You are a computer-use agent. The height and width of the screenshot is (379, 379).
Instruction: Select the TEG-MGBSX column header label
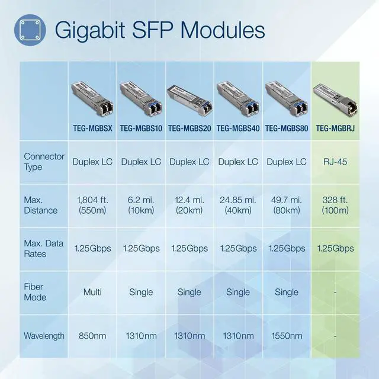point(92,128)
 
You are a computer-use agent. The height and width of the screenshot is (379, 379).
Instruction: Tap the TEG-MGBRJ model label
point(335,128)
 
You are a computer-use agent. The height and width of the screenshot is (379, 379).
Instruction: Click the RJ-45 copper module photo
point(335,96)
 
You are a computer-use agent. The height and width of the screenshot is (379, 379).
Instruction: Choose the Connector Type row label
point(41,162)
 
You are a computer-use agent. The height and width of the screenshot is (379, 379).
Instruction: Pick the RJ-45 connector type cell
point(335,162)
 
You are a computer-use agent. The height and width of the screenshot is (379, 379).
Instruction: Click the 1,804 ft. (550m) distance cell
point(92,205)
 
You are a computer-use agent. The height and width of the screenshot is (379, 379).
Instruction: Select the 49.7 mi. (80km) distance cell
point(287,205)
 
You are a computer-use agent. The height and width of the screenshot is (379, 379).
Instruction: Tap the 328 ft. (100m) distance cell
point(335,205)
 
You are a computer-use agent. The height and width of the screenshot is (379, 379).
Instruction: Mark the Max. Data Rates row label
point(43,249)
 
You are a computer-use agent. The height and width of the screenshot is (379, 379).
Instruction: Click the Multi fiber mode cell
point(92,292)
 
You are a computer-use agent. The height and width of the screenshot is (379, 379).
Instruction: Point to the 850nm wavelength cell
point(92,336)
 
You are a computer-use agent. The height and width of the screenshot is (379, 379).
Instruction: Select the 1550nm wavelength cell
point(287,336)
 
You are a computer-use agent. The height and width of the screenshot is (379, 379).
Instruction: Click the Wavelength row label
point(44,336)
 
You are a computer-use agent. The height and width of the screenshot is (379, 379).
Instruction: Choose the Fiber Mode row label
point(35,292)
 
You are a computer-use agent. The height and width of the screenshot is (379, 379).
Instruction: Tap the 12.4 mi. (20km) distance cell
point(189,205)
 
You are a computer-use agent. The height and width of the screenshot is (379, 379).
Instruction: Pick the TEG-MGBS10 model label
point(141,128)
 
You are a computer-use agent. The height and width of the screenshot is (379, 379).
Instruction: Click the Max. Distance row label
point(41,205)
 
